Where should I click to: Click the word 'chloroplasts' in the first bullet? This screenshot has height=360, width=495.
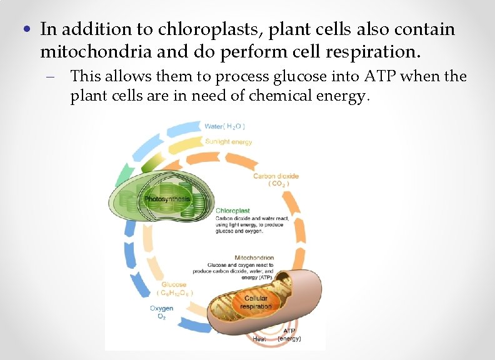tap(195, 29)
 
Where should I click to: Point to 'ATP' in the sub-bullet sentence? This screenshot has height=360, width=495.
tap(376, 77)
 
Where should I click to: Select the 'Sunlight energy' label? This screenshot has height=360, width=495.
tap(228, 142)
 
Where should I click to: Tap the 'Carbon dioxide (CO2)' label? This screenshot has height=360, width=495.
tap(276, 180)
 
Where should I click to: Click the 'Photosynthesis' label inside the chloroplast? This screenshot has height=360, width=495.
tap(167, 199)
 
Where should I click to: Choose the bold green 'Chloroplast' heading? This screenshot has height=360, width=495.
tap(233, 211)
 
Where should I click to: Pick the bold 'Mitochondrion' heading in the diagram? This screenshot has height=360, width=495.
tap(254, 257)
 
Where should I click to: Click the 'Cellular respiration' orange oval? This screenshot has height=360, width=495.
tap(256, 302)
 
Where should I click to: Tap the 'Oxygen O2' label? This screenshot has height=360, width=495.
tap(161, 312)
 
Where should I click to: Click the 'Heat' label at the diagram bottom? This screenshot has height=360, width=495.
tap(259, 339)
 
